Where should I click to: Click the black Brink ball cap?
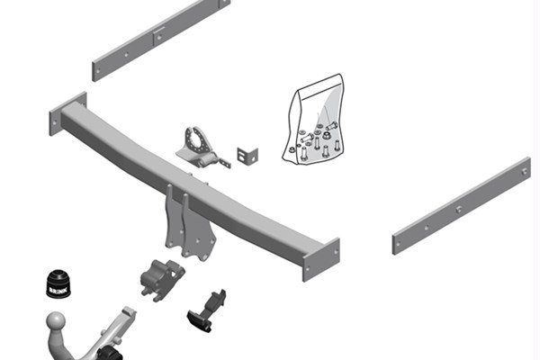pos(58,283)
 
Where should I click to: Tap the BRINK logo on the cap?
pos(57,290)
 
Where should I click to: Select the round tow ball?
pos(56,321)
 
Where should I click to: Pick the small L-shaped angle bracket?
pos(247,155)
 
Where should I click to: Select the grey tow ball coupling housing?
pos(161,280)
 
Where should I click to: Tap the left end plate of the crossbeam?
pos(67,113)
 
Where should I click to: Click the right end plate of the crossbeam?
pos(321,260)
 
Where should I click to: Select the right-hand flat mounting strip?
pos(462,206)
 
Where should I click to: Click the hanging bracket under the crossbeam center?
pos(190,223)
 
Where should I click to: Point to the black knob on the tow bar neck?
pos(110,353)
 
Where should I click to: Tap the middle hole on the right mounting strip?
pos(459,209)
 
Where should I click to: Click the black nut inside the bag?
pos(326,135)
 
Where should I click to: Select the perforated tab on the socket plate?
pos(224,162)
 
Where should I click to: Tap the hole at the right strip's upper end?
pos(524,172)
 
